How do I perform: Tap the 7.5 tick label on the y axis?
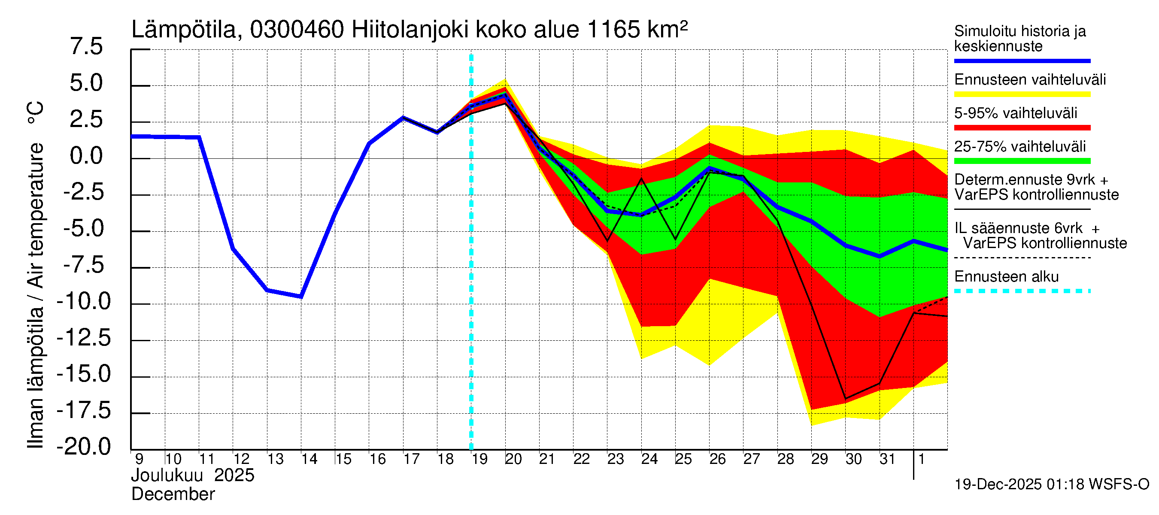pos(86,47)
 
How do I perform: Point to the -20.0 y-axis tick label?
pos(84,447)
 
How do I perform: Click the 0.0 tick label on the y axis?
pos(86,156)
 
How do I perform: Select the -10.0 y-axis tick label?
pos(84,301)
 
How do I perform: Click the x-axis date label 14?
pos(309,459)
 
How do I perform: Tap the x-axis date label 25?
pos(683,459)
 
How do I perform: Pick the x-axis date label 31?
pos(887,459)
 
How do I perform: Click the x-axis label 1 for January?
pos(922,459)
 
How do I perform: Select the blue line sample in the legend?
pos(1022,61)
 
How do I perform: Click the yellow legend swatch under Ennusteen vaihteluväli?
pos(1022,94)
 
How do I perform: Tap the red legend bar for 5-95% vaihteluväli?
pos(1022,128)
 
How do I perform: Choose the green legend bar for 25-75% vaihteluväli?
pos(1022,161)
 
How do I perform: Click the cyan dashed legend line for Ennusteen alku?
pos(1022,291)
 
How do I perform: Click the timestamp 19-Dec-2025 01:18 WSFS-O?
pos(1051,485)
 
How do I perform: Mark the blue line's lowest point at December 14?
pos(301,297)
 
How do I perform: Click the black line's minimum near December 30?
pos(845,399)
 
